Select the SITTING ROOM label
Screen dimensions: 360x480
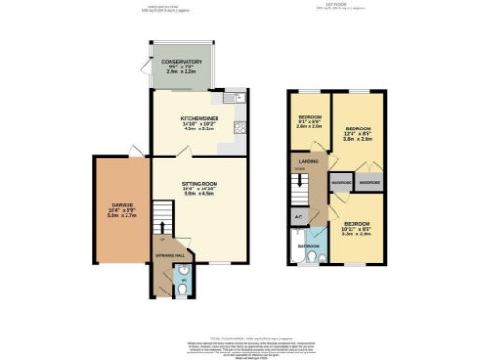201,184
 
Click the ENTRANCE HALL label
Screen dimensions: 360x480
170,255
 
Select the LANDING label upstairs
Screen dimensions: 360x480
307,160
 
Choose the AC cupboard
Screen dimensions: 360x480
298,217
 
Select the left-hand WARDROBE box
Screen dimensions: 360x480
339,180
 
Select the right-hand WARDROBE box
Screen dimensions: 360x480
369,180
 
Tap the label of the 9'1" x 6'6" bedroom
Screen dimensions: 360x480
310,119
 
